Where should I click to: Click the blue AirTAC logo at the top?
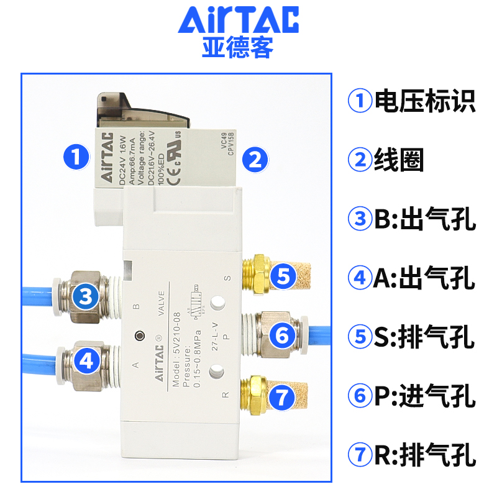click(x=239, y=21)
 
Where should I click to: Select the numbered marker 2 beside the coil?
click(x=254, y=159)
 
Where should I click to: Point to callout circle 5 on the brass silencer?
click(x=283, y=276)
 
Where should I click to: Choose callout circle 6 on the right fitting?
click(x=283, y=336)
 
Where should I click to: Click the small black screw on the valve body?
click(x=139, y=336)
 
